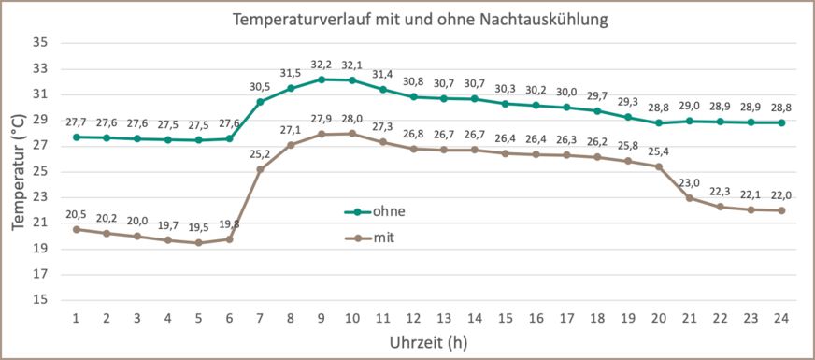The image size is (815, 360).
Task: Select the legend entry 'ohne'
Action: click(x=389, y=211)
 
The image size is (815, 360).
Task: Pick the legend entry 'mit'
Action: click(x=383, y=238)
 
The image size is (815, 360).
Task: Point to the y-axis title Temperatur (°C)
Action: click(x=19, y=172)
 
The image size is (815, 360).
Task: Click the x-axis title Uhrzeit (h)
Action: click(x=428, y=342)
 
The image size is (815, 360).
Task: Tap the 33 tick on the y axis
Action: click(x=40, y=68)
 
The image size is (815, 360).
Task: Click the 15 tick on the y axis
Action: click(x=40, y=300)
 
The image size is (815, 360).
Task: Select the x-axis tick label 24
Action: click(x=781, y=318)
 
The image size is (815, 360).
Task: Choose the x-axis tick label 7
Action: click(x=260, y=318)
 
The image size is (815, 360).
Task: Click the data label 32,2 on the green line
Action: click(x=322, y=65)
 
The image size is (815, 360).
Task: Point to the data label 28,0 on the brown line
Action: click(x=352, y=119)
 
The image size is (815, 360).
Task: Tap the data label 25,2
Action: click(x=260, y=154)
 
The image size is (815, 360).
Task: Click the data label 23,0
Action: click(x=689, y=182)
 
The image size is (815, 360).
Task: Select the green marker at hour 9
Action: click(x=322, y=79)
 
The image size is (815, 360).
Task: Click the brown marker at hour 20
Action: click(x=658, y=166)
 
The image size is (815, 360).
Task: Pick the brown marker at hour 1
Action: click(x=76, y=229)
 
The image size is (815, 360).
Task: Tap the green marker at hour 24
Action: click(x=781, y=122)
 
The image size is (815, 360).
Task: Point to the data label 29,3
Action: click(x=627, y=102)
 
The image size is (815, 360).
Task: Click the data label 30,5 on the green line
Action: click(x=260, y=86)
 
